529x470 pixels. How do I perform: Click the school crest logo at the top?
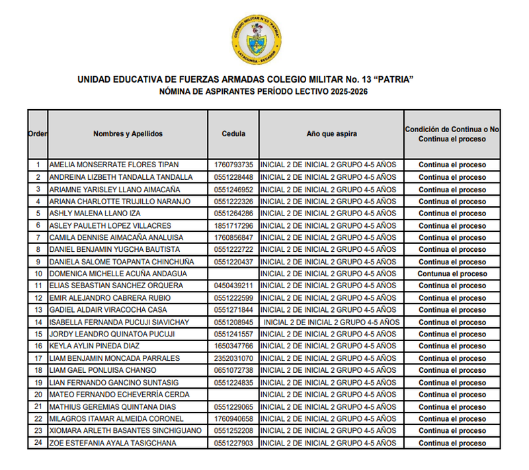coord(257,37)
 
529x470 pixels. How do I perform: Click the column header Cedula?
coord(233,134)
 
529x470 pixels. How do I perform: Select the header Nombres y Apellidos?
coord(128,134)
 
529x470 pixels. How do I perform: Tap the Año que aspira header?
coord(331,134)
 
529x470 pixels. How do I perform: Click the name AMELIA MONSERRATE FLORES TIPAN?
coord(114,165)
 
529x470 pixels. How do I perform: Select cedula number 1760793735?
coord(233,165)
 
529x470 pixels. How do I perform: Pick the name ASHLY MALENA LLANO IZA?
coord(95,214)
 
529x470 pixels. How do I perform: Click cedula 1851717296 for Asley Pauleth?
coord(233,225)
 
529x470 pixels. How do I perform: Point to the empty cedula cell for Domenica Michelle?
coord(233,274)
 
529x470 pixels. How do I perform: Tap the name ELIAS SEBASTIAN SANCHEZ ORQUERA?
coord(116,286)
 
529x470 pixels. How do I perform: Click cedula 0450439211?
coord(233,286)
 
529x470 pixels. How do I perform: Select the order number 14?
coord(38,322)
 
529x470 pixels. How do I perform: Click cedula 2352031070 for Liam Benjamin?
coord(233,358)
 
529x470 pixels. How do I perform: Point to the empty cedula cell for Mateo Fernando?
coord(233,395)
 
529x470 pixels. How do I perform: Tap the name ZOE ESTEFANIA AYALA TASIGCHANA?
coord(113,443)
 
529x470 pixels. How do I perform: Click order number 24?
coord(38,443)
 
